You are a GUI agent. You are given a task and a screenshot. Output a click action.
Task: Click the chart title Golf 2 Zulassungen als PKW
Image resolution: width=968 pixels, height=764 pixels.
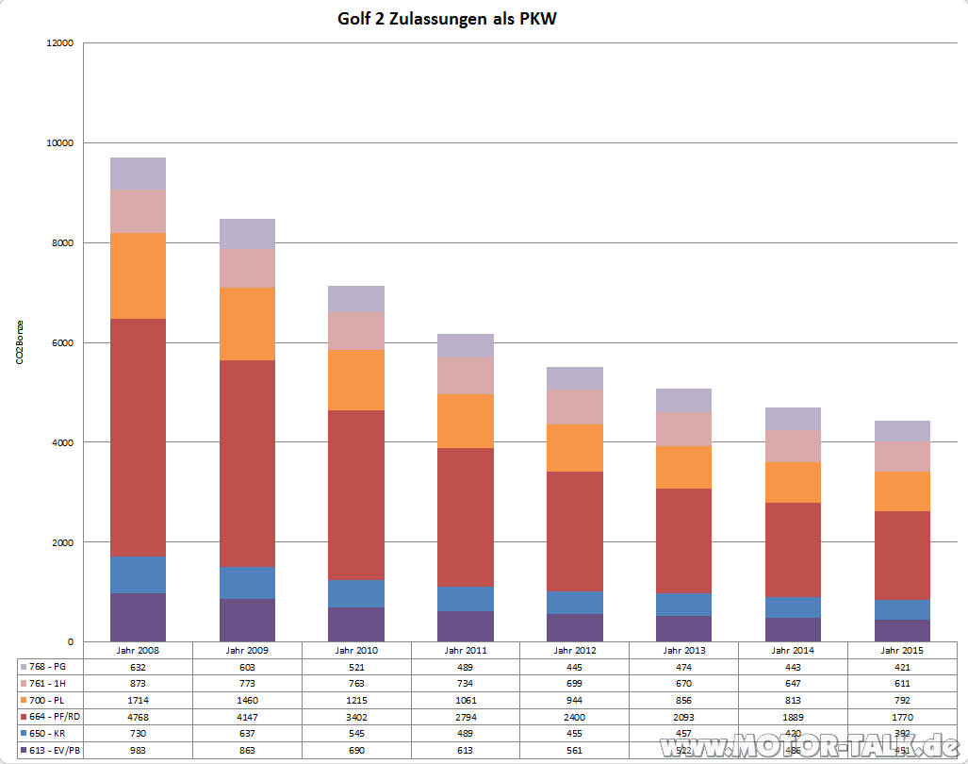pyautogui.click(x=447, y=19)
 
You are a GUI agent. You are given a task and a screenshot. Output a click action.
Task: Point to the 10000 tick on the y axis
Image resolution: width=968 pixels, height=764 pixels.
pyautogui.click(x=59, y=143)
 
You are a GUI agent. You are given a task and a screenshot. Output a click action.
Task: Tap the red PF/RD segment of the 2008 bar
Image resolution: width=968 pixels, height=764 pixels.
pyautogui.click(x=138, y=438)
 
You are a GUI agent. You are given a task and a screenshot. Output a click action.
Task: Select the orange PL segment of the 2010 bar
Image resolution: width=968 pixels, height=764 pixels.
pyautogui.click(x=356, y=380)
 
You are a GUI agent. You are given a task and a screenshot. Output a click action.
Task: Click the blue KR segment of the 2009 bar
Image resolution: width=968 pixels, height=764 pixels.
pyautogui.click(x=247, y=583)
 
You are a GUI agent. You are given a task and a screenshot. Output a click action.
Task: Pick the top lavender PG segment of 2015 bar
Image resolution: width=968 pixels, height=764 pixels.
pyautogui.click(x=903, y=430)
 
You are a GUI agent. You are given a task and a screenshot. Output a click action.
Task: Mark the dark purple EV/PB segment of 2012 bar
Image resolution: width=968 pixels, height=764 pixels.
pyautogui.click(x=575, y=627)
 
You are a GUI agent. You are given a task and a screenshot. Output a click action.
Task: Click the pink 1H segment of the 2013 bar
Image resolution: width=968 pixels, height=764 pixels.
pyautogui.click(x=684, y=429)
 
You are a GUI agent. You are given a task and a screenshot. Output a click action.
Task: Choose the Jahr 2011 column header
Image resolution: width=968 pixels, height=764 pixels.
pyautogui.click(x=466, y=650)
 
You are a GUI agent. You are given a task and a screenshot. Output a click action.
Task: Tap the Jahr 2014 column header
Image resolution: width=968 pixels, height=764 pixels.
pyautogui.click(x=794, y=650)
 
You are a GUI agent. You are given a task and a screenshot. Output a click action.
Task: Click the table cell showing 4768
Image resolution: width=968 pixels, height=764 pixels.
pyautogui.click(x=138, y=717)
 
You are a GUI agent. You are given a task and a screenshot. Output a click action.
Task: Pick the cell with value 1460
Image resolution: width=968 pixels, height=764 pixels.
pyautogui.click(x=247, y=700)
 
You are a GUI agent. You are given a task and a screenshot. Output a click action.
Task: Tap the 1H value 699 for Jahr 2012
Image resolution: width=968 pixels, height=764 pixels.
pyautogui.click(x=575, y=683)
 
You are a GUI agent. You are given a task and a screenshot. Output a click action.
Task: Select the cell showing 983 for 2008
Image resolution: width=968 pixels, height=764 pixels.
pyautogui.click(x=138, y=751)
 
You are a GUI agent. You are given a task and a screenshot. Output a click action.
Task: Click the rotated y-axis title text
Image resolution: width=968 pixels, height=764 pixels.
pyautogui.click(x=20, y=342)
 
